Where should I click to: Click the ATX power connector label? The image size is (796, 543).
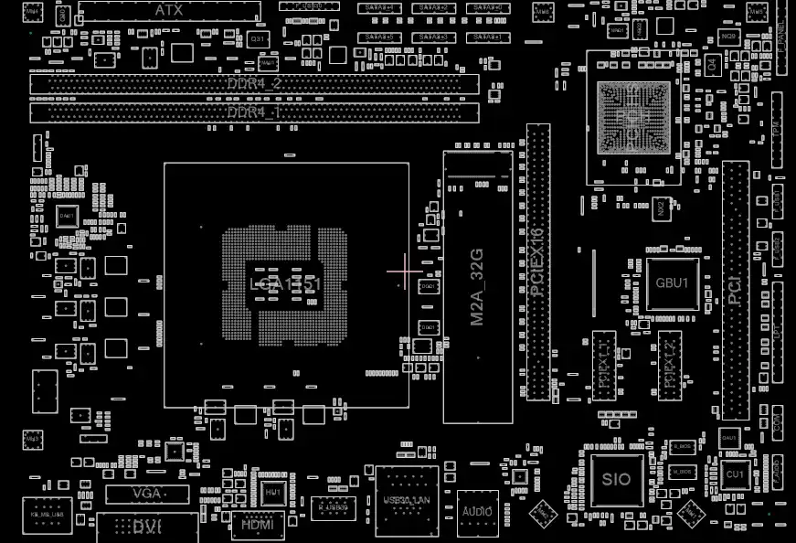pyautogui.click(x=168, y=10)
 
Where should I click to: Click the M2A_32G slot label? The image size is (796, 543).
pyautogui.click(x=476, y=287)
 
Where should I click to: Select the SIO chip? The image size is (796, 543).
pyautogui.click(x=616, y=479)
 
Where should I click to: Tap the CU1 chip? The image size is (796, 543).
pyautogui.click(x=735, y=475)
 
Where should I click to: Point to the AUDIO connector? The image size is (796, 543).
pyautogui.click(x=478, y=510)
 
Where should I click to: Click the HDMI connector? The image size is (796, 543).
pyautogui.click(x=259, y=525)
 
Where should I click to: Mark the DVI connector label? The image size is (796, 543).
pyautogui.click(x=147, y=527)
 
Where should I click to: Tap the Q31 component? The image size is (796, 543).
pyautogui.click(x=259, y=40)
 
